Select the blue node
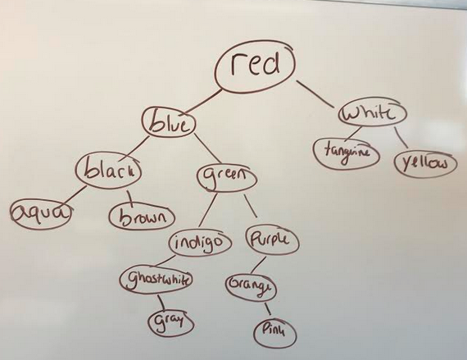click(x=169, y=124)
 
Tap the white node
click(x=372, y=113)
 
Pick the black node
click(x=108, y=171)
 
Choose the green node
click(x=226, y=177)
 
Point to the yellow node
click(x=425, y=164)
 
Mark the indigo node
click(x=201, y=243)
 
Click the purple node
click(x=272, y=239)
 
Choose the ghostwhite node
click(x=156, y=280)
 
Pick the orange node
click(x=251, y=287)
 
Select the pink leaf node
click(x=275, y=333)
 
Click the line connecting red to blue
click(x=203, y=101)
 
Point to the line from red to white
click(x=315, y=93)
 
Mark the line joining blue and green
click(x=210, y=150)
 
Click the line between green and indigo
click(x=208, y=211)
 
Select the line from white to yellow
click(x=401, y=138)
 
